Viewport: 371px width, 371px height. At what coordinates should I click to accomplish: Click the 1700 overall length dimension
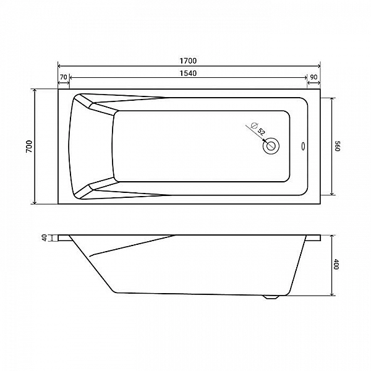tap(188, 61)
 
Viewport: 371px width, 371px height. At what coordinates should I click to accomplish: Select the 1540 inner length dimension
tap(188, 74)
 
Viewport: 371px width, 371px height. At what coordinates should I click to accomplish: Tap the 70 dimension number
tap(64, 77)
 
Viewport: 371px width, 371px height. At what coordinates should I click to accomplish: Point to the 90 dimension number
tap(313, 77)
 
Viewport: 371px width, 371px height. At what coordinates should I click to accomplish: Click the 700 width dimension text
tap(29, 146)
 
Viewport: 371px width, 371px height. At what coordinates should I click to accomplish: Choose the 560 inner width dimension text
tap(338, 146)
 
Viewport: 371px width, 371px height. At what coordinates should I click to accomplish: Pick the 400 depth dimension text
tap(336, 264)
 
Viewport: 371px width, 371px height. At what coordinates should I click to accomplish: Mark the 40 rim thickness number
tap(45, 238)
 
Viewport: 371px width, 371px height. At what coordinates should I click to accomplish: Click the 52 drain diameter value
tap(261, 132)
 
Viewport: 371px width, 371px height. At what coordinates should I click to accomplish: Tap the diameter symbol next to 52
tap(254, 125)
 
